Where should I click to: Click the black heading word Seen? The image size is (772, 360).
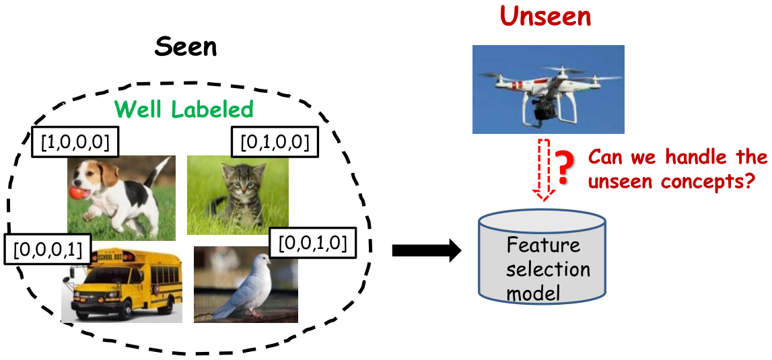(x=186, y=48)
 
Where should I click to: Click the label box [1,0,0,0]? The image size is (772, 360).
(x=76, y=143)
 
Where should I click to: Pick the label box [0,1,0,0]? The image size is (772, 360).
(x=275, y=143)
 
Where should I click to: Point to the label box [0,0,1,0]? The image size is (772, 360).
(x=312, y=242)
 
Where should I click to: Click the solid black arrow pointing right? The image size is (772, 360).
(x=426, y=251)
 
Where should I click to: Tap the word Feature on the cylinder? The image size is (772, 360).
(x=544, y=245)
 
